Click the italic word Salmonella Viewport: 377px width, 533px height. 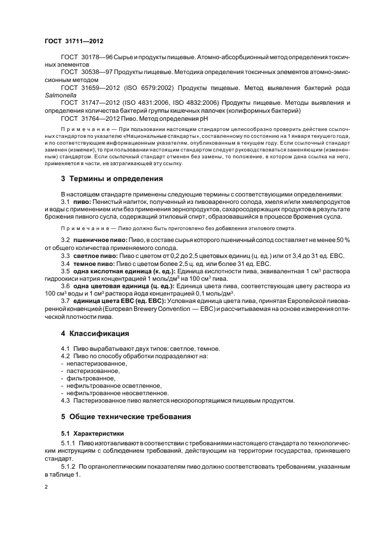[x=59, y=96]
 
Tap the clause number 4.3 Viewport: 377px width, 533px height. [x=67, y=400]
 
